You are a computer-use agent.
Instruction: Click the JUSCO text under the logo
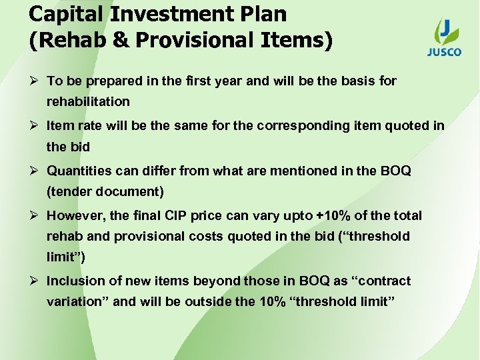pos(444,52)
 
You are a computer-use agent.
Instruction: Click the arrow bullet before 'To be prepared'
pos(34,81)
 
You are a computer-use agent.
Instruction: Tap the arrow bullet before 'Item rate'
pos(34,125)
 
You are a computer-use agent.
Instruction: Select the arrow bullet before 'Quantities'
pos(34,171)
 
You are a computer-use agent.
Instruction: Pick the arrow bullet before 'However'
pos(34,215)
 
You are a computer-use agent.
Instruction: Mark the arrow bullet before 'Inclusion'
pos(34,281)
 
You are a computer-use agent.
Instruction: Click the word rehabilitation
pos(88,103)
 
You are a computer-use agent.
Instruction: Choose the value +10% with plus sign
pos(333,215)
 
